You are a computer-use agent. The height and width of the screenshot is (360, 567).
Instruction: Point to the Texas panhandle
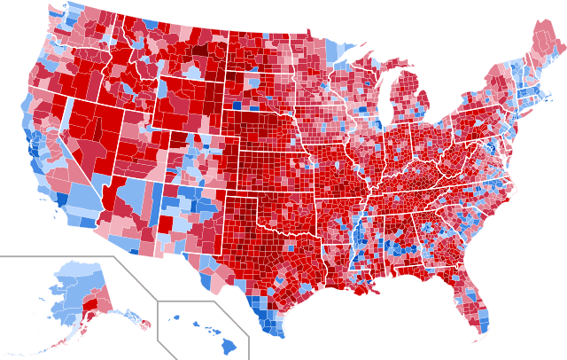(x=235, y=213)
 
